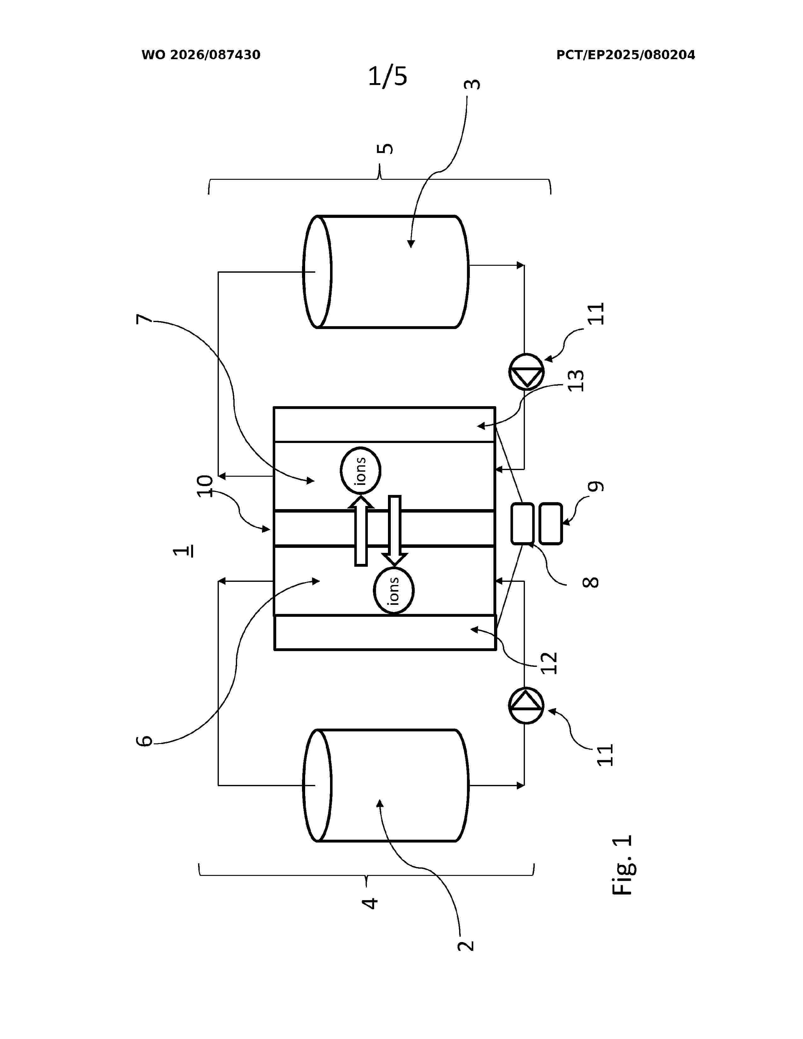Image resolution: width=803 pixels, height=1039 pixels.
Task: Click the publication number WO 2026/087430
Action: (x=201, y=55)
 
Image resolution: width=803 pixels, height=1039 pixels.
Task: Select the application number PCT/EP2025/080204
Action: (x=626, y=55)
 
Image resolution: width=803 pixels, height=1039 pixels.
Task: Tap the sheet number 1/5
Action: (x=388, y=76)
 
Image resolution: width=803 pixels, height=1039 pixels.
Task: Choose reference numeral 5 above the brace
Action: (x=385, y=148)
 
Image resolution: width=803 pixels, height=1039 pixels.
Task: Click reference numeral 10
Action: (x=206, y=486)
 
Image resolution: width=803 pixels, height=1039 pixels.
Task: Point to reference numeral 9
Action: (x=595, y=486)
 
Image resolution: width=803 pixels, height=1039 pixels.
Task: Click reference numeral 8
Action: (x=590, y=582)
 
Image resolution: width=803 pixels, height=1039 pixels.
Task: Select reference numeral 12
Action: (x=549, y=663)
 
